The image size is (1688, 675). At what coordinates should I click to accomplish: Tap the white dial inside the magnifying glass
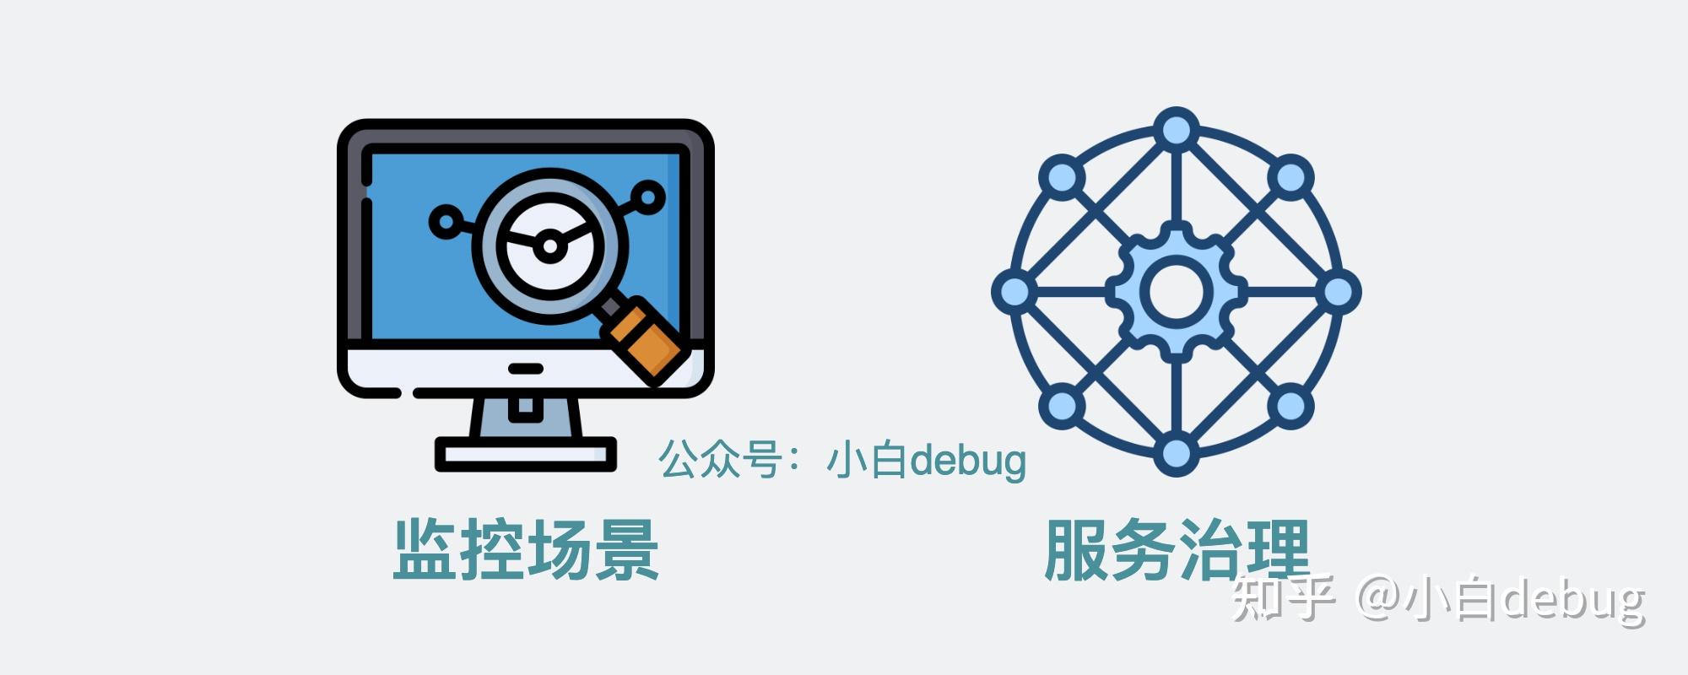point(549,245)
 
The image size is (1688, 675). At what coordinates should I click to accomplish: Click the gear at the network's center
point(1176,291)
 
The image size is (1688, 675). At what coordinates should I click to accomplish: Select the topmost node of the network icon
point(1176,129)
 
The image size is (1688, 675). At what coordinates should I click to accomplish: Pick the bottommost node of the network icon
point(1176,453)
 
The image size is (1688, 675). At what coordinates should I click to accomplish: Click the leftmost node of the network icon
point(1014,292)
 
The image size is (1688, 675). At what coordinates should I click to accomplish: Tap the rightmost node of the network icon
point(1338,292)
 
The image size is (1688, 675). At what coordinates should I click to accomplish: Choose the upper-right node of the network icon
point(1290,177)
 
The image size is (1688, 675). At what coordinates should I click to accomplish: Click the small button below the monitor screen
point(525,369)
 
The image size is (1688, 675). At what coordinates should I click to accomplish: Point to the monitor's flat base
point(525,455)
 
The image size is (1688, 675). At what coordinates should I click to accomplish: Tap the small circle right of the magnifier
point(648,197)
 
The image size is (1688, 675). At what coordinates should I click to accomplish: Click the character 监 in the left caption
point(425,549)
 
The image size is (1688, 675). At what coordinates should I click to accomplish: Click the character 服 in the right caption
point(1077,549)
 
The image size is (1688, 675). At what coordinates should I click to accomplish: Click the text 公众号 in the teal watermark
point(719,460)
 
